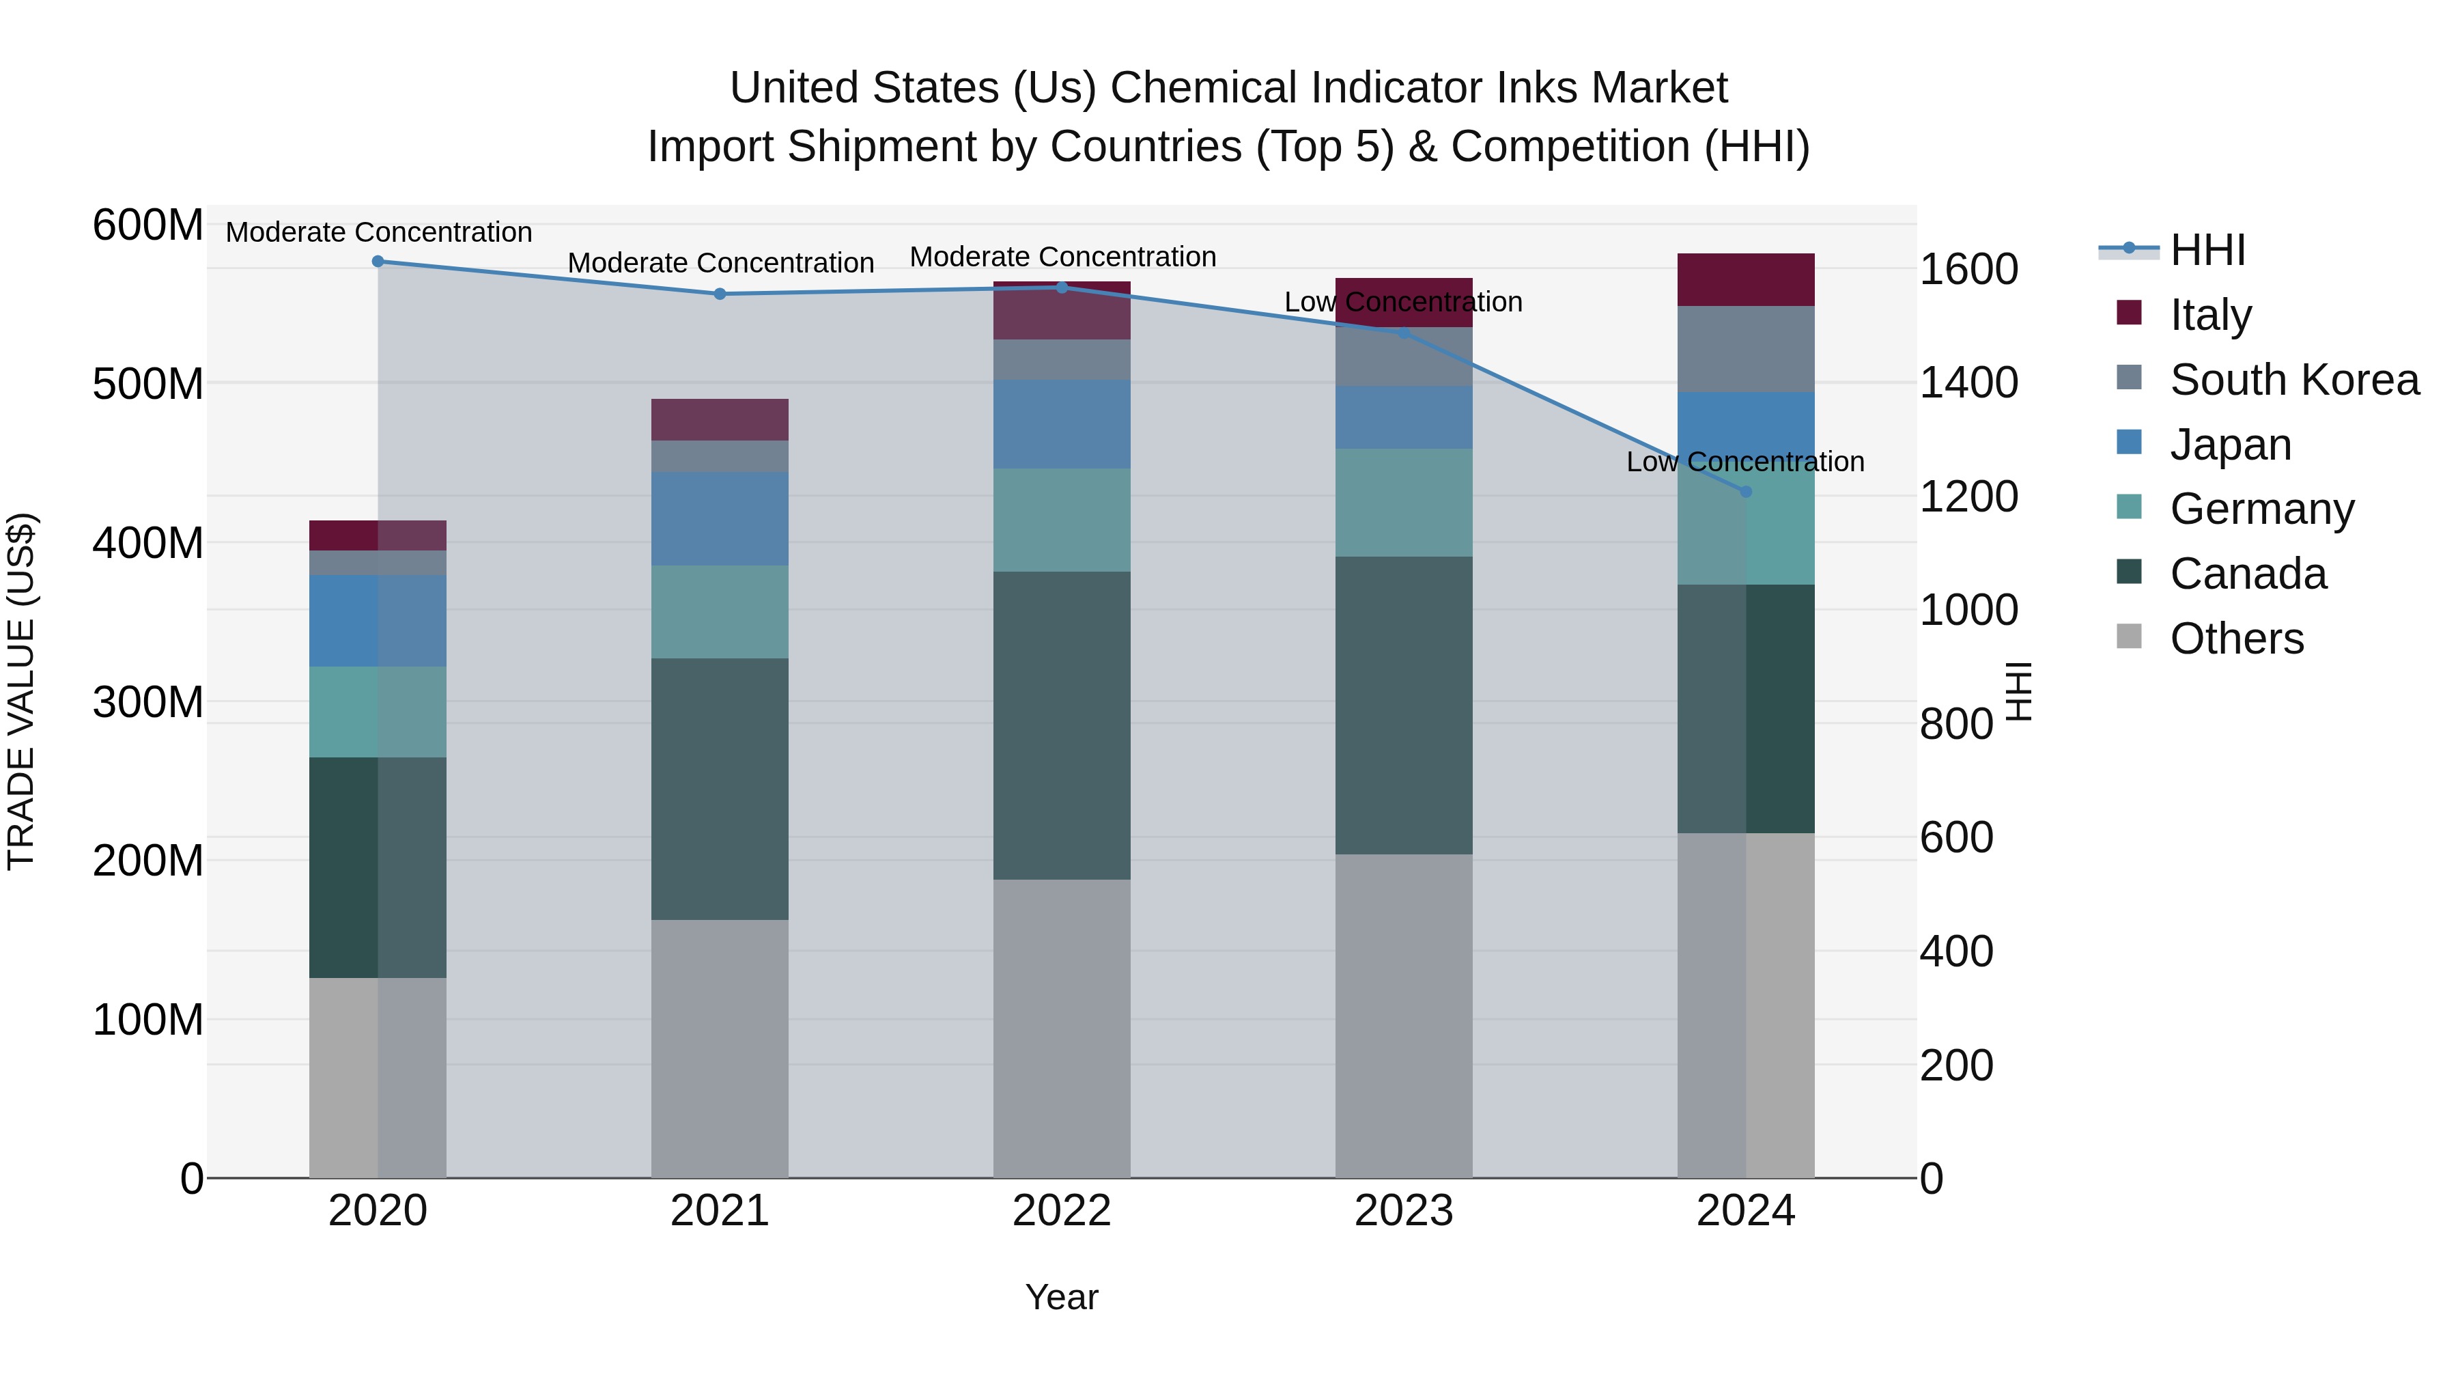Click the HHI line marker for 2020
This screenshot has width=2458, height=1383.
(x=378, y=262)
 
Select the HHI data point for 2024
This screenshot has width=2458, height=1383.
(x=1745, y=492)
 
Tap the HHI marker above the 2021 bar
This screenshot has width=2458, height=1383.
(x=720, y=294)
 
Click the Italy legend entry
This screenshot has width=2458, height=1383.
(x=2210, y=315)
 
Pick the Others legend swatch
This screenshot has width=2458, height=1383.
(x=2129, y=637)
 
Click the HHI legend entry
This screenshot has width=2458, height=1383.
(x=2207, y=250)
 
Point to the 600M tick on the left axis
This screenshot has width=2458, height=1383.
(x=148, y=226)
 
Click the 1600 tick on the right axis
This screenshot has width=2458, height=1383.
(x=1968, y=270)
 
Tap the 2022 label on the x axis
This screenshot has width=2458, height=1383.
(x=1061, y=1211)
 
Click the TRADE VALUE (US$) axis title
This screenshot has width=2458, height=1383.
(x=21, y=691)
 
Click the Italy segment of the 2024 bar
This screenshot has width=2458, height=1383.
(x=1745, y=279)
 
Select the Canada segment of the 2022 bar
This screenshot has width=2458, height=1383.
(x=1061, y=725)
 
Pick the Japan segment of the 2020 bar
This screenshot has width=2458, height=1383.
(x=378, y=620)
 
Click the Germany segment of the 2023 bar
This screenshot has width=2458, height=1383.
(x=1402, y=502)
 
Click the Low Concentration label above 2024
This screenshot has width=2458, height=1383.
(x=1744, y=462)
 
